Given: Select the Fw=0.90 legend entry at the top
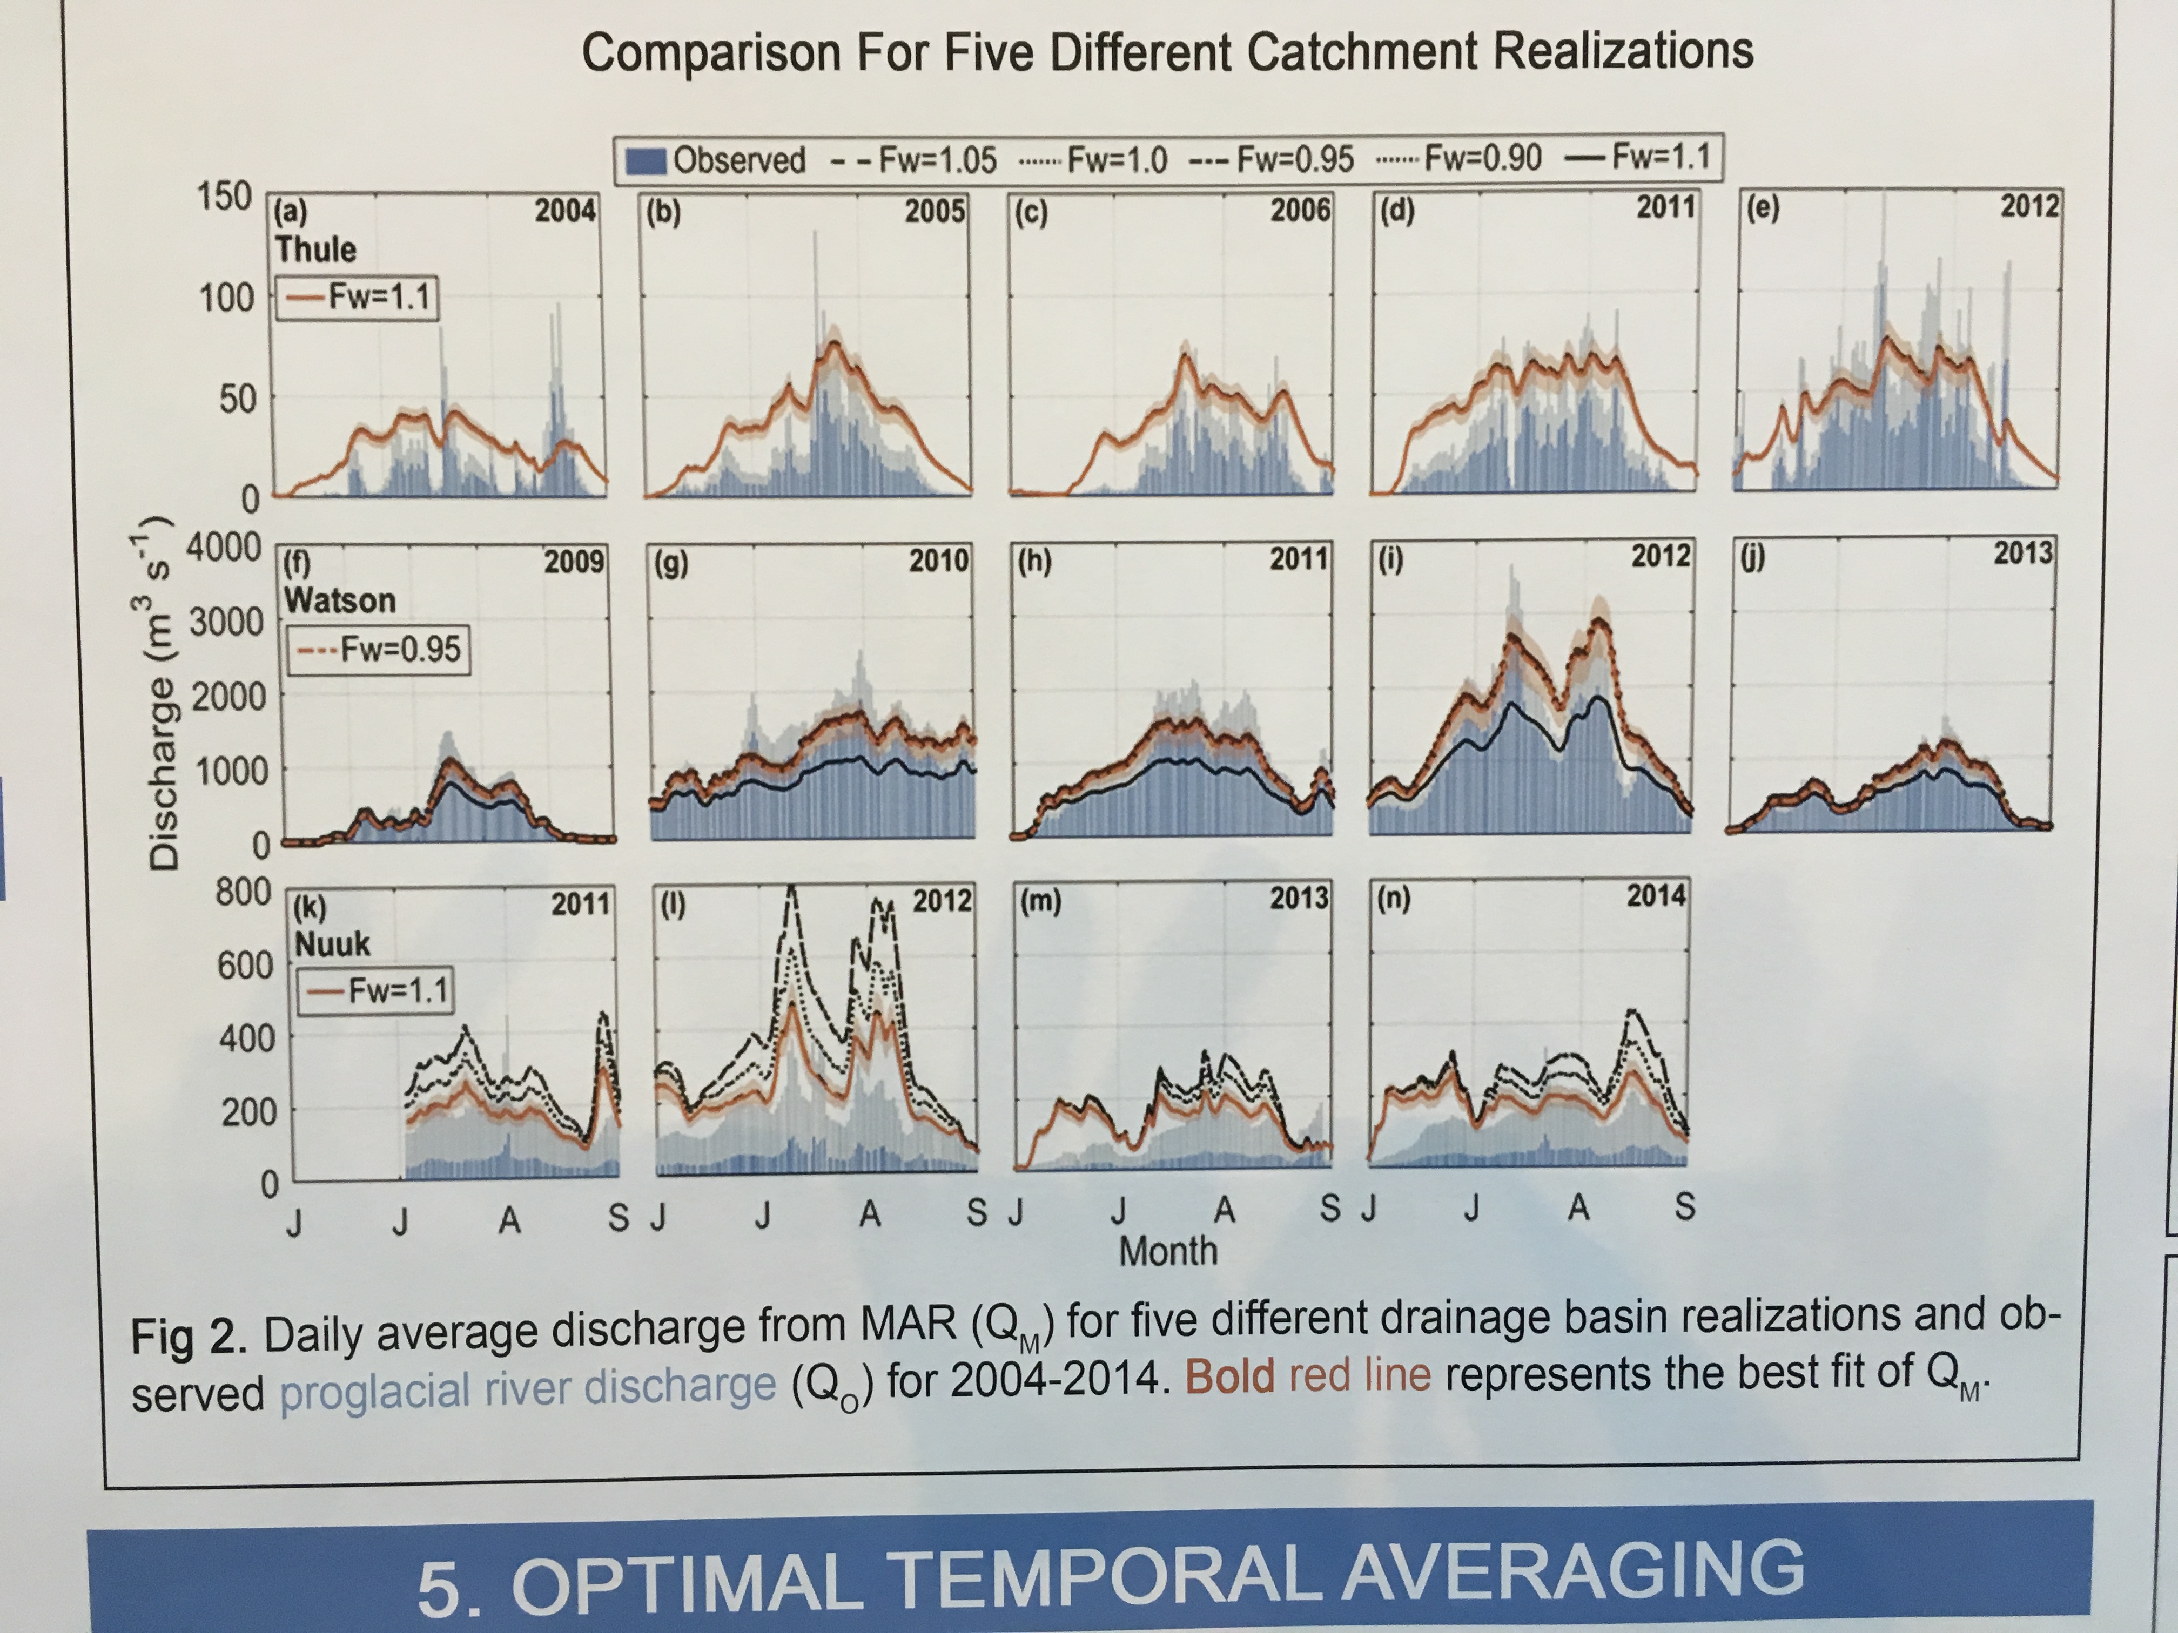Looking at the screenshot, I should [x=1482, y=158].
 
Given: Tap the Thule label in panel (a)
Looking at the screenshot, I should [x=315, y=249].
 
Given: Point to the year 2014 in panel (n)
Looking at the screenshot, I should [x=1655, y=896].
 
